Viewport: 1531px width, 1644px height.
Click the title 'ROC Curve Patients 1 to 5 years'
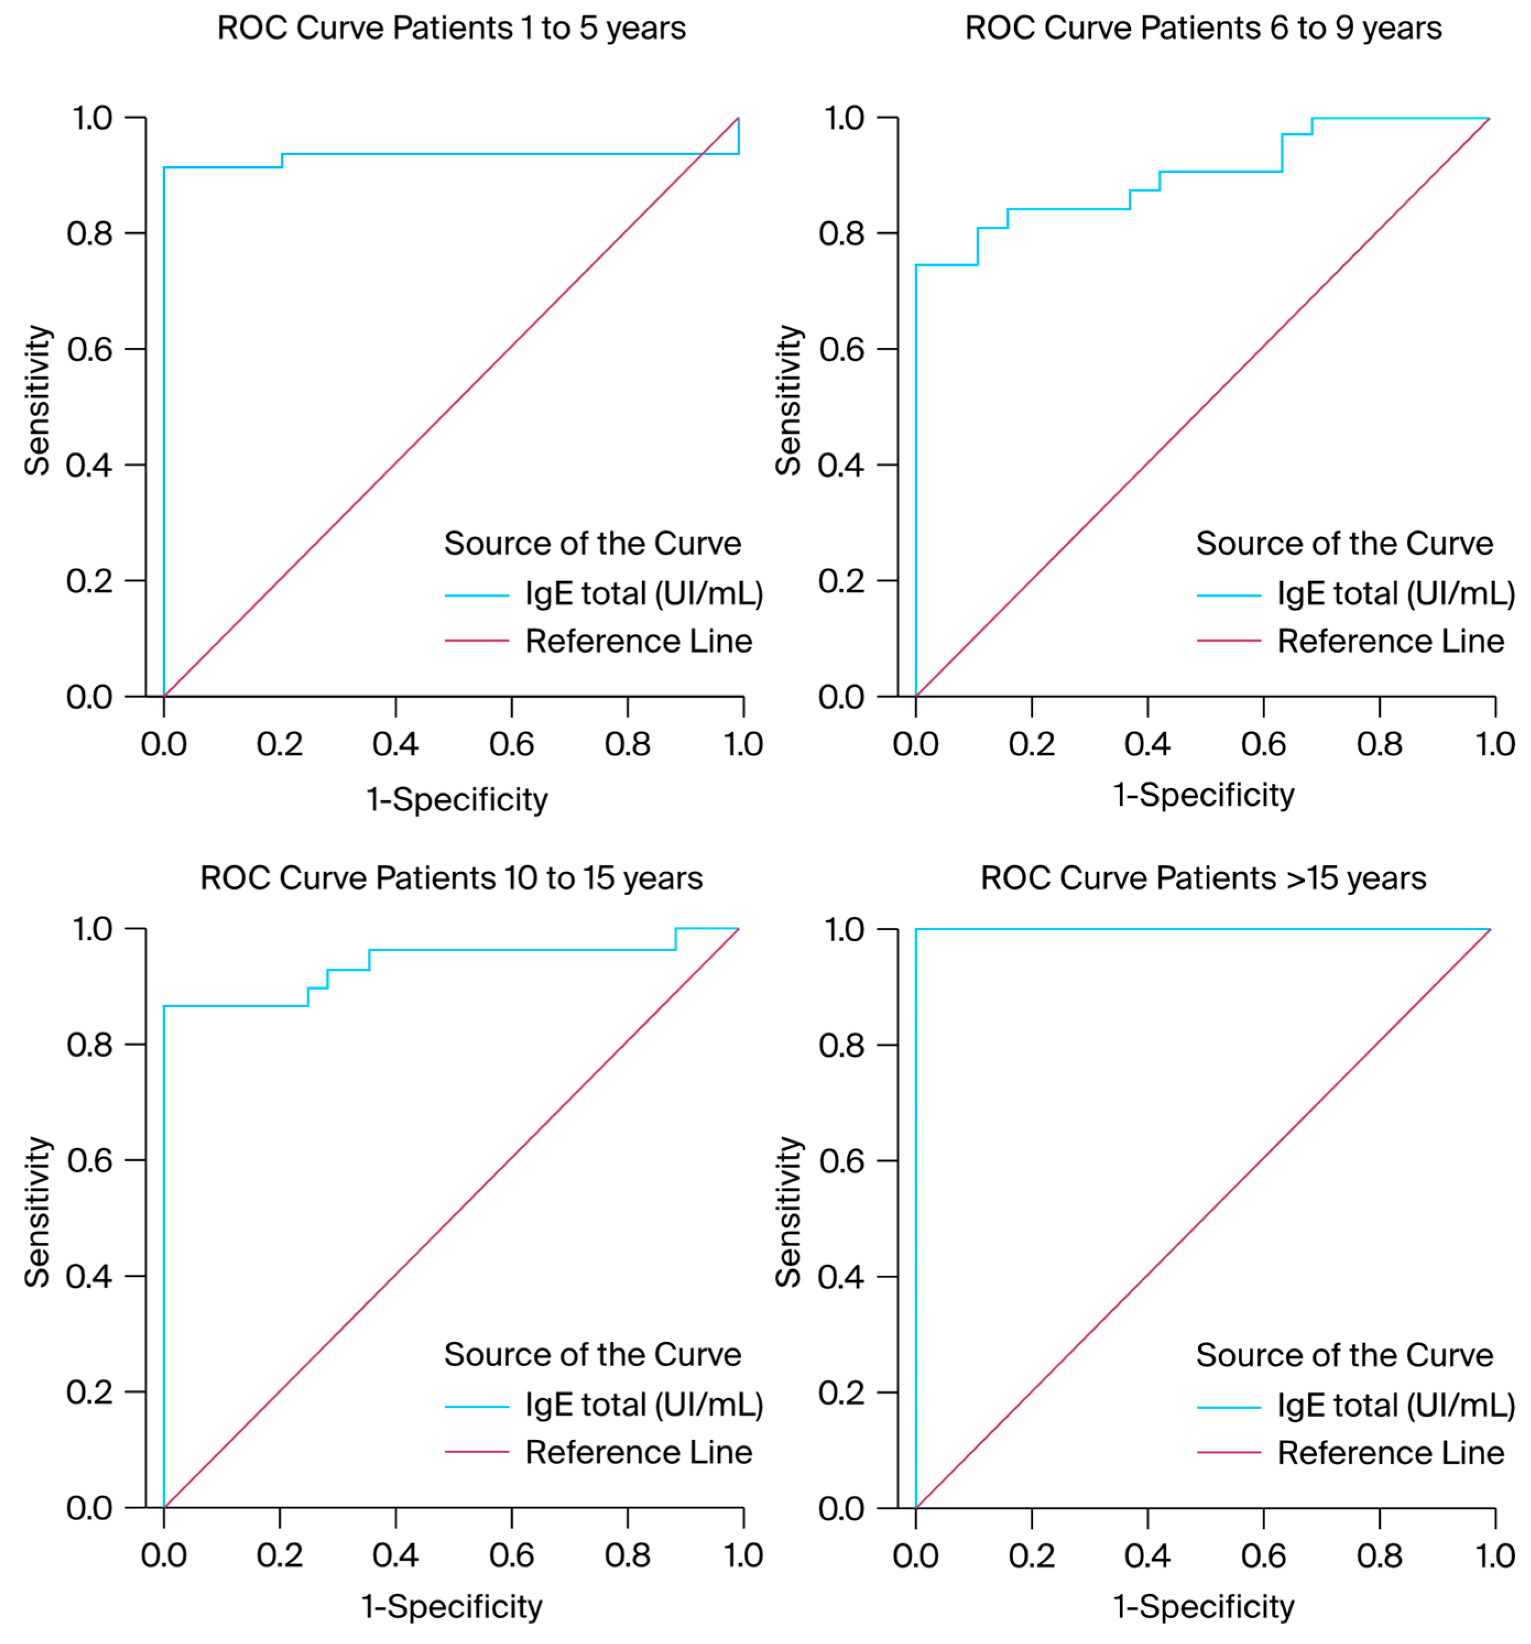[451, 28]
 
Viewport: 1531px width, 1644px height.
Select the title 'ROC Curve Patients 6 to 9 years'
[1203, 28]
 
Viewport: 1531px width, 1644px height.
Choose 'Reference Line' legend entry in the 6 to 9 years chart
[1391, 641]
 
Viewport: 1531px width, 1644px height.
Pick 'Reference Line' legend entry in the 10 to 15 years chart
[638, 1452]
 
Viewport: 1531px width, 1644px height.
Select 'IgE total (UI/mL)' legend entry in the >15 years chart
[1396, 1405]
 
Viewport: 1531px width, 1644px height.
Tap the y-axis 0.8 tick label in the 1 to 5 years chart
[89, 233]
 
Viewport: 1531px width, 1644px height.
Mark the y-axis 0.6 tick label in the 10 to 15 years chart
[89, 1160]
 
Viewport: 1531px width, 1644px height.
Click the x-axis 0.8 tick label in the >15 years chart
[1379, 1555]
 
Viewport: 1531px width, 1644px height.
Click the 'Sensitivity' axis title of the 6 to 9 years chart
[788, 400]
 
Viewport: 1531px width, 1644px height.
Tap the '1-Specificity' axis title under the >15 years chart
[1203, 1607]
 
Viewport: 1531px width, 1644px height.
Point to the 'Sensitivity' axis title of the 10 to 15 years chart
[36, 1211]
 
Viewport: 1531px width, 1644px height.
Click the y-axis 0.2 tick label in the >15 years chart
[841, 1392]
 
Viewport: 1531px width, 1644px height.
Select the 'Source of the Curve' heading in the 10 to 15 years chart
[592, 1354]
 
